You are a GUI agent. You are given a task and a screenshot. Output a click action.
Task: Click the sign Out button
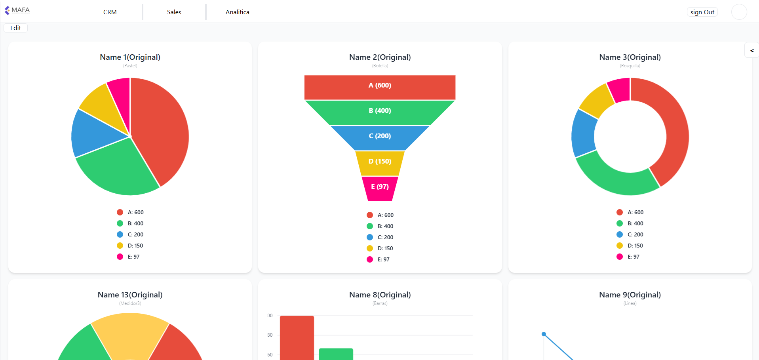pos(702,12)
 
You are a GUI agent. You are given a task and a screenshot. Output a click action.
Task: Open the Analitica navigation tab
pos(238,12)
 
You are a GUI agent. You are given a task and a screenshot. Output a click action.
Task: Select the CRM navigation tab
pos(110,12)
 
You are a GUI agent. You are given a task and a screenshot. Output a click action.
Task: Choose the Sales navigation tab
pos(174,12)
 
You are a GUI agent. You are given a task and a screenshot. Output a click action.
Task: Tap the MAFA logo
pos(17,10)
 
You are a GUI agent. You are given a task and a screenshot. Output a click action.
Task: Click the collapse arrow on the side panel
pos(751,50)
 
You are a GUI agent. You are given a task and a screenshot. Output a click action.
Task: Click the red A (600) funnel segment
pos(380,87)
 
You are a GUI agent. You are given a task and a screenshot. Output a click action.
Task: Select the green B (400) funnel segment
pos(380,112)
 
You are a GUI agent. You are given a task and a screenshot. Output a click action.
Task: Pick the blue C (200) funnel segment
pos(380,138)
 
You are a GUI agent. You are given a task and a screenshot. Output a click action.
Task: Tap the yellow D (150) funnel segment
pos(380,163)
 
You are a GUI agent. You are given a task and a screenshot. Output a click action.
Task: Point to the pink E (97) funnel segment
pos(380,189)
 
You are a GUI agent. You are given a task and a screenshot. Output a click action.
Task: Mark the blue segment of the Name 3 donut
pos(584,133)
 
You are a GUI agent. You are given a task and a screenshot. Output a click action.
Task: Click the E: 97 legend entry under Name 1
pos(128,257)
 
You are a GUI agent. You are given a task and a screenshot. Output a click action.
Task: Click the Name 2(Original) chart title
pos(380,57)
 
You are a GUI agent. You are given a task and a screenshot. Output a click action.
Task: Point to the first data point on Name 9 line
pos(544,334)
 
